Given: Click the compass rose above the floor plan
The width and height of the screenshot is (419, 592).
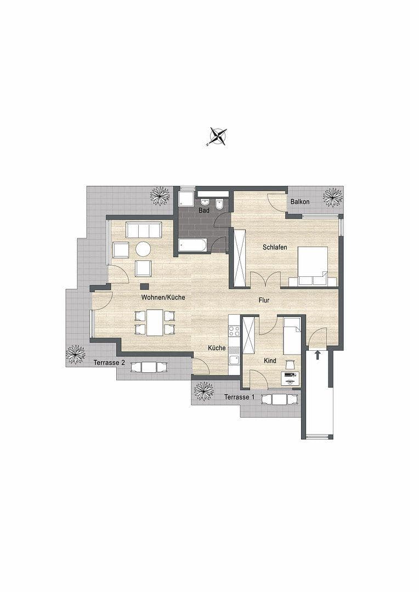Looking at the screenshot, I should tap(218, 136).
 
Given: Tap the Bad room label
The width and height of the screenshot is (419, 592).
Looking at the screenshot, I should tap(204, 210).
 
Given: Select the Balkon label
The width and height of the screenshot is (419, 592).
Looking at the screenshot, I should tap(300, 202).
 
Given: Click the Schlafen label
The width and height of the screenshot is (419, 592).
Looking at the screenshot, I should tap(275, 248).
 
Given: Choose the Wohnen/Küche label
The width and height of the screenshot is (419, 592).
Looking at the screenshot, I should tap(163, 297).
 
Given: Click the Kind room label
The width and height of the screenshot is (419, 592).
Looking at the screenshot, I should tap(270, 361).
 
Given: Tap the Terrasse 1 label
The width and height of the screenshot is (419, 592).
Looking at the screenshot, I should tap(239, 397).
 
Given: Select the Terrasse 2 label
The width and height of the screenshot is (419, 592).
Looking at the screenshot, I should tap(109, 362).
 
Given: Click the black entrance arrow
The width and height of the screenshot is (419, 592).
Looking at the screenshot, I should tap(318, 355).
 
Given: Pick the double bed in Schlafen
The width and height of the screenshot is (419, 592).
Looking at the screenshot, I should tap(313, 266).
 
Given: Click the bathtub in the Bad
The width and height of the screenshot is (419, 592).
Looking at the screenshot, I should tap(192, 245).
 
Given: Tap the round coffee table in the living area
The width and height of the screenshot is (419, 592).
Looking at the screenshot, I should tap(143, 249).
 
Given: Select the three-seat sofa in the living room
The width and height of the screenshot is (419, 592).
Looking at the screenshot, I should tap(144, 230).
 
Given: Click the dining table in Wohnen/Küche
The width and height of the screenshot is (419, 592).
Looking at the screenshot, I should tap(155, 322).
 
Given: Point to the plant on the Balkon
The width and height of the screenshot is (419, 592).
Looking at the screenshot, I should tap(332, 197).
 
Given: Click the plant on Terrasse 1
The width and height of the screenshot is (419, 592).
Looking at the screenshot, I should tap(205, 391).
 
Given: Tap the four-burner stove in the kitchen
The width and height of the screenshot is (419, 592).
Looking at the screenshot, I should tap(234, 331).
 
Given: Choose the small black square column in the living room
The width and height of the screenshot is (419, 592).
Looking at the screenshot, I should tap(144, 286).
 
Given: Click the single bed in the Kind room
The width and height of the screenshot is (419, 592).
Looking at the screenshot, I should tap(292, 335).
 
